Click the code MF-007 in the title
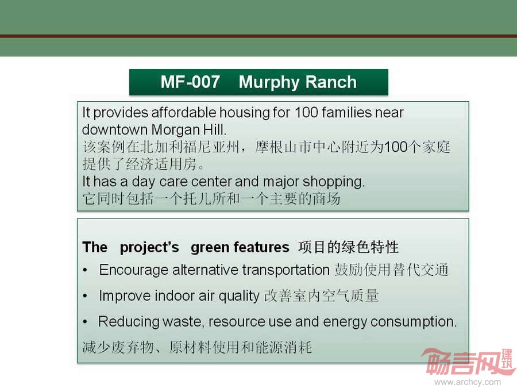point(190,82)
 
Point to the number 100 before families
point(306,113)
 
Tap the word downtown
point(114,130)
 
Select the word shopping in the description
point(333,182)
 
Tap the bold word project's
point(149,248)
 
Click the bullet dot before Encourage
point(86,271)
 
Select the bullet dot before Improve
point(86,296)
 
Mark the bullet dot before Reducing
point(86,322)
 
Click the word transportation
point(286,270)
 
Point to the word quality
point(239,296)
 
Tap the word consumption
point(414,322)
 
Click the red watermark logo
point(468,362)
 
